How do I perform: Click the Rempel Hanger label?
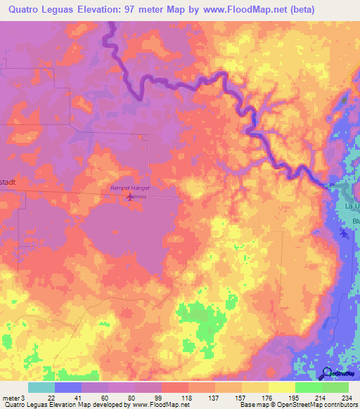130,187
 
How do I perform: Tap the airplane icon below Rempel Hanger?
129,197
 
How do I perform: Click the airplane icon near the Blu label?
344,233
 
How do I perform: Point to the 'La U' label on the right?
352,206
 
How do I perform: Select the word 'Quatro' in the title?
27,9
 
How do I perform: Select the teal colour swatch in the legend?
41,387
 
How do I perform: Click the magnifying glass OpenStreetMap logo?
327,374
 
